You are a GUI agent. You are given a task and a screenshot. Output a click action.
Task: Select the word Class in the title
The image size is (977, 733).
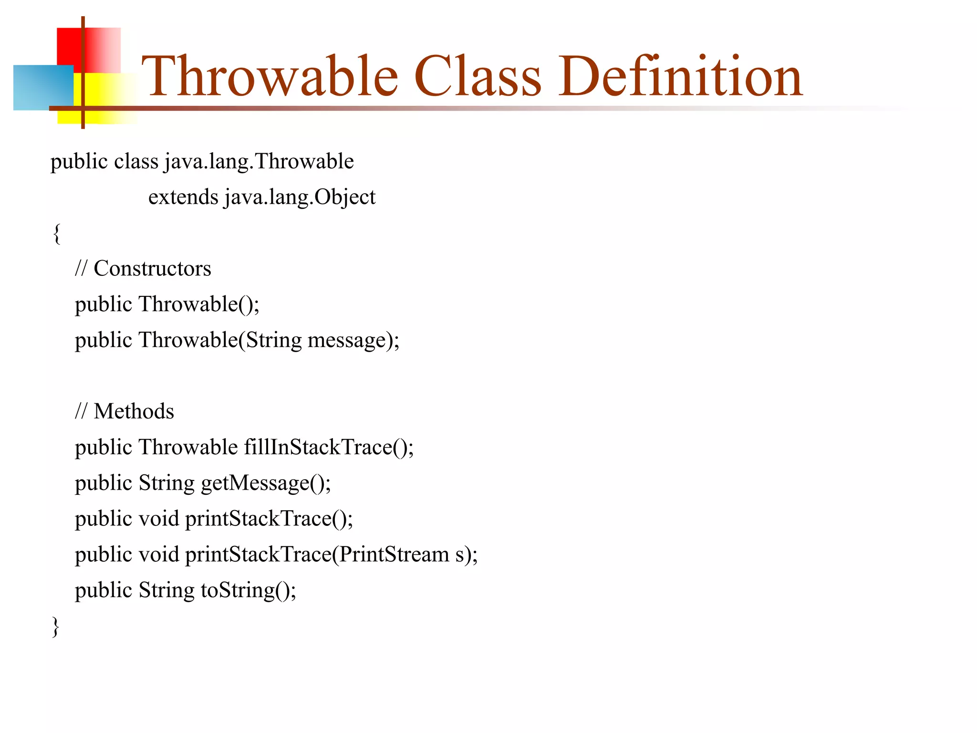478,76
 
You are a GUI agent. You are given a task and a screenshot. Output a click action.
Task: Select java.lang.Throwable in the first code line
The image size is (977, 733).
259,162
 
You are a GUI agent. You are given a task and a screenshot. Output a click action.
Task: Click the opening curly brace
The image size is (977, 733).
57,233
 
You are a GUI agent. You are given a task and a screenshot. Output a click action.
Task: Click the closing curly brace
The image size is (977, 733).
56,626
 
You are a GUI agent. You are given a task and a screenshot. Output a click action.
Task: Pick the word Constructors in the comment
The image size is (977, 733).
152,269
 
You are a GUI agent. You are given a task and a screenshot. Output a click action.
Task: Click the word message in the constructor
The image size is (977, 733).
346,340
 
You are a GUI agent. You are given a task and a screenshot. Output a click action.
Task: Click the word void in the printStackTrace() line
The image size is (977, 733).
159,519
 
